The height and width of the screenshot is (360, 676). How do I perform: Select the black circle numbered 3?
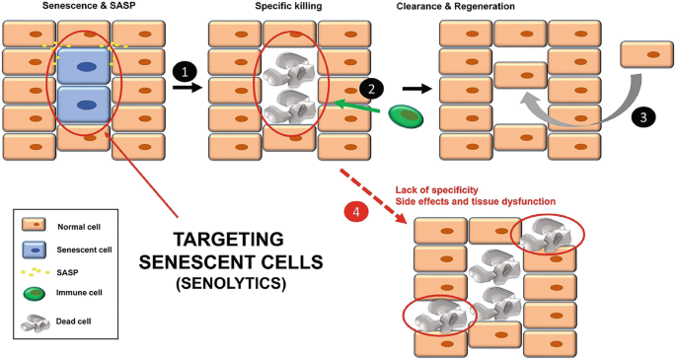642,115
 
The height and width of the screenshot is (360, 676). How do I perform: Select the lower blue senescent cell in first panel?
86,103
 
